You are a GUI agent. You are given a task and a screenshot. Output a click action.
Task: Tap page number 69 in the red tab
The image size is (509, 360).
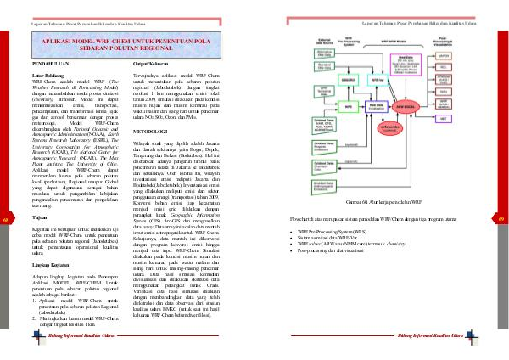(502, 219)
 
